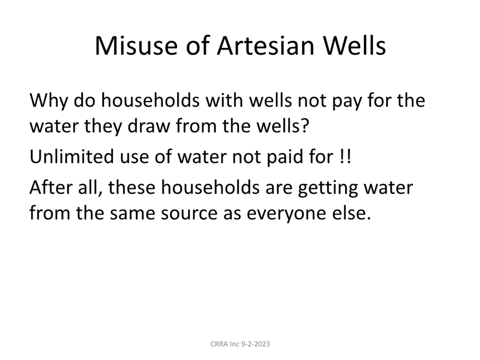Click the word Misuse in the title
136,46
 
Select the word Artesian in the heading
265,46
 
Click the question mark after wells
305,126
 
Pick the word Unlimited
72,156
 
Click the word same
132,213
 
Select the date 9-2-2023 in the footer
256,344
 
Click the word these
131,187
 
